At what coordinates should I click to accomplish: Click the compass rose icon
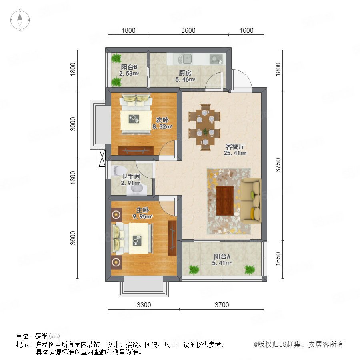[20, 20]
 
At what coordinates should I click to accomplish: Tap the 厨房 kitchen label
[185, 73]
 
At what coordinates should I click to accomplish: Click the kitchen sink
[185, 59]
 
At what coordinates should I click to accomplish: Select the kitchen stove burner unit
[216, 59]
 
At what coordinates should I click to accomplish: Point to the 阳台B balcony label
[129, 67]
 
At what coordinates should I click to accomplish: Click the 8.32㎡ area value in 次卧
[162, 126]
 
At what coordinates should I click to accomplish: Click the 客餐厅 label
[235, 146]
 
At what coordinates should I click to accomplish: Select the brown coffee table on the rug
[225, 201]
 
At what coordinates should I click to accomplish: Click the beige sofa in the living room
[250, 201]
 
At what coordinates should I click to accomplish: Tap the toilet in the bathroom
[119, 170]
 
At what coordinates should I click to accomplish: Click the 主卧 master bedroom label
[143, 210]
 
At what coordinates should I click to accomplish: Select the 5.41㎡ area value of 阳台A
[222, 263]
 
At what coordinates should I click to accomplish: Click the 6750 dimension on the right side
[278, 165]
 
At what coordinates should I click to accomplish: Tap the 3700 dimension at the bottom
[222, 305]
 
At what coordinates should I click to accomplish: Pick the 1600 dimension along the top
[246, 30]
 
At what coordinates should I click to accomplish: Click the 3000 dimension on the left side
[73, 124]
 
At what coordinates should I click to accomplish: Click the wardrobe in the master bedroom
[172, 238]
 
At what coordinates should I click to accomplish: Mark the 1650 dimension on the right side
[278, 259]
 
